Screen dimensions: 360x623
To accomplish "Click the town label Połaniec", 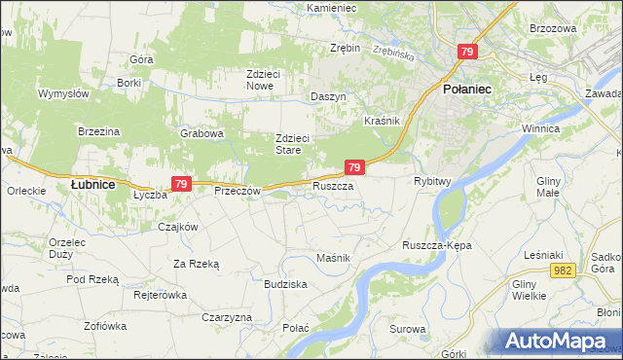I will pyautogui.click(x=467, y=89).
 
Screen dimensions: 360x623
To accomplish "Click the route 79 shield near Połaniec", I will pyautogui.click(x=468, y=53).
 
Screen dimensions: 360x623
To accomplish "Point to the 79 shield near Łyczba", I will pyautogui.click(x=180, y=183).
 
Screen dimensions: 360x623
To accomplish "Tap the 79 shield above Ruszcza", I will pyautogui.click(x=354, y=168).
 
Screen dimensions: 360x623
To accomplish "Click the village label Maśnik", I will pyautogui.click(x=333, y=257).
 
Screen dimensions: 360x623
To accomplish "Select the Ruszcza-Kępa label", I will pyautogui.click(x=436, y=246).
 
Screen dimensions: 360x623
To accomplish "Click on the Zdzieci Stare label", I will pyautogui.click(x=292, y=144).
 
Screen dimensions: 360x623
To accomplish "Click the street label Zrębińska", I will pyautogui.click(x=394, y=55).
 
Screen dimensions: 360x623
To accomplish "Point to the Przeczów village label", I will pyautogui.click(x=238, y=192).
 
